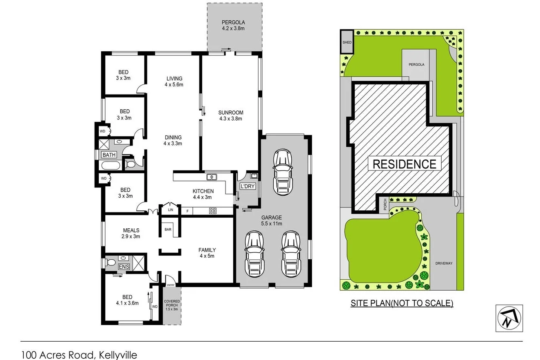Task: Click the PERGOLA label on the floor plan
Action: [x=233, y=25]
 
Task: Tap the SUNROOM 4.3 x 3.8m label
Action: [x=230, y=116]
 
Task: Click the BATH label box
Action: [x=109, y=155]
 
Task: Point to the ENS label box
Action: [x=124, y=267]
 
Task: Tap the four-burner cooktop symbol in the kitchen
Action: [x=212, y=211]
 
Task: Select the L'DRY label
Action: [x=247, y=186]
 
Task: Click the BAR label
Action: [x=168, y=230]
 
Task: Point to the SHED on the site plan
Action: [x=347, y=42]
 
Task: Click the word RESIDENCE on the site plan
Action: [x=405, y=164]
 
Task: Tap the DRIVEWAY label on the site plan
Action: [x=443, y=263]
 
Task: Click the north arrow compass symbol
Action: [x=509, y=318]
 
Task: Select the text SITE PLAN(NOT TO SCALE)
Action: [x=402, y=303]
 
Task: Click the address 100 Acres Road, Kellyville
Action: [x=79, y=354]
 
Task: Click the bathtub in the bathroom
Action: [x=110, y=166]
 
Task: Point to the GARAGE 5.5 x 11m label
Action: [x=271, y=221]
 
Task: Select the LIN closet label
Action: [x=170, y=210]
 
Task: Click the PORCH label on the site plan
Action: [x=384, y=204]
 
